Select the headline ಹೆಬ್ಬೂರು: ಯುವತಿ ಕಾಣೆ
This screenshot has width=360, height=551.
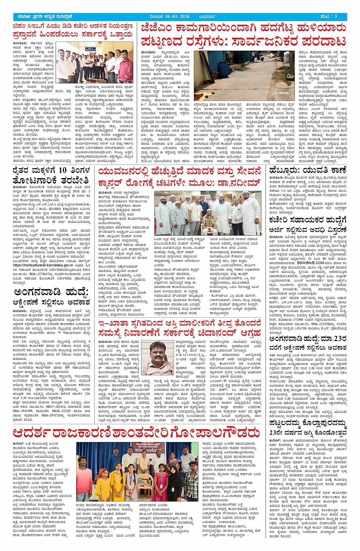(x=307, y=171)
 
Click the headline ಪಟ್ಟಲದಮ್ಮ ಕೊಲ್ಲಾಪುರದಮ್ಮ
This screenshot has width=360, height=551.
(x=307, y=423)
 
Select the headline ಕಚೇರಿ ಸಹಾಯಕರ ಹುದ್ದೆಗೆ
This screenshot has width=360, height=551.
(x=307, y=220)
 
